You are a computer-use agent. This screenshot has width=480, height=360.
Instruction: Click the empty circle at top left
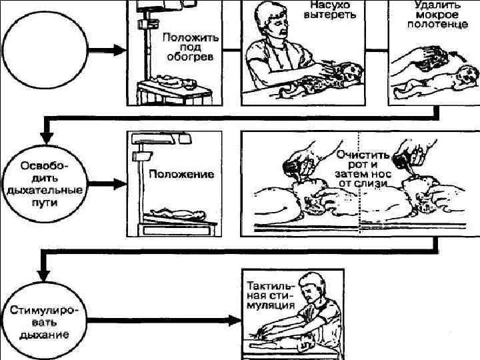[45, 51]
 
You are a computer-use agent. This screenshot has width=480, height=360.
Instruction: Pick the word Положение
[181, 175]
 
